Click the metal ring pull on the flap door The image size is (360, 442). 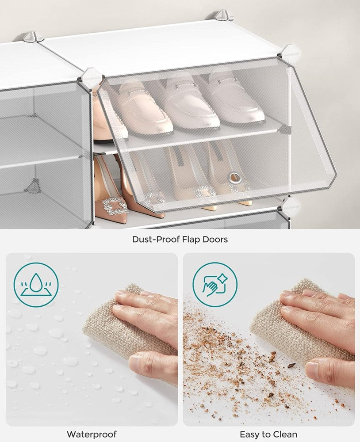click(x=235, y=178)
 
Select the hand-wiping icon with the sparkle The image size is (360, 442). click(x=215, y=285)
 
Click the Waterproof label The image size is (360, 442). click(x=92, y=434)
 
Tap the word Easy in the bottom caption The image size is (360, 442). click(x=250, y=434)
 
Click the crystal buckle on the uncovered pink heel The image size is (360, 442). click(x=111, y=206)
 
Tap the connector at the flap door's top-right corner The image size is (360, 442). click(x=289, y=53)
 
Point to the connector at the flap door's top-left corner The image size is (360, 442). click(x=91, y=76)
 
